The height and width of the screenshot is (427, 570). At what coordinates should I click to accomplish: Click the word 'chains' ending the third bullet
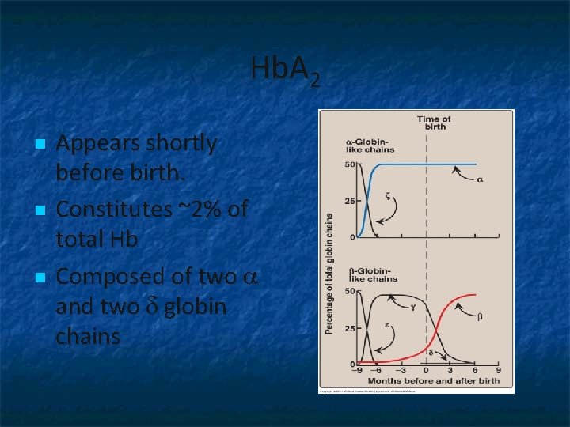click(88, 336)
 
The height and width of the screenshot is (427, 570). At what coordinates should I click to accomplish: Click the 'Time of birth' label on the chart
click(434, 123)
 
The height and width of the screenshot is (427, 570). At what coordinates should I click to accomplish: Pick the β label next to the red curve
click(479, 316)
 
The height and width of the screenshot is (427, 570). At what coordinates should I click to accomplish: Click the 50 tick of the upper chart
click(349, 164)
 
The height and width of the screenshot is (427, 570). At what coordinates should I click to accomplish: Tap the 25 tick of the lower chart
click(349, 328)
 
